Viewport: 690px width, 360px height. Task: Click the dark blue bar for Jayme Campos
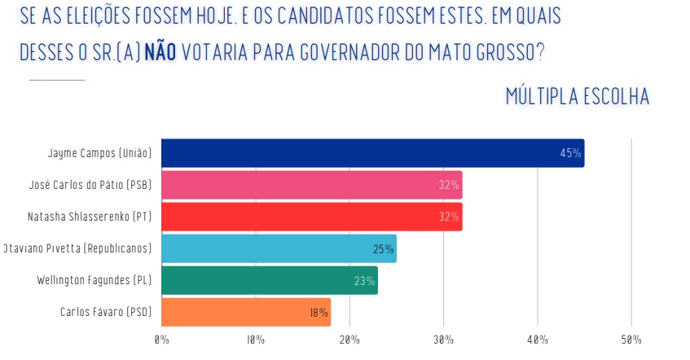(372, 153)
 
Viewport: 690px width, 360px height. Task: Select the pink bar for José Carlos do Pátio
(311, 185)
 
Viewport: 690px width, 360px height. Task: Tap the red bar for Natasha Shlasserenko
(311, 217)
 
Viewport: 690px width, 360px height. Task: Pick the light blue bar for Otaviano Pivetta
(279, 248)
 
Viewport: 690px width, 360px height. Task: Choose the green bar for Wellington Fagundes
(269, 280)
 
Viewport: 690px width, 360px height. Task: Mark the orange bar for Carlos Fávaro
(245, 312)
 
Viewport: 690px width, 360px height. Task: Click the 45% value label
(570, 153)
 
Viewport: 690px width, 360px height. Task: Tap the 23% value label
(365, 281)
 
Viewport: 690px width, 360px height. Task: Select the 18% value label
(319, 313)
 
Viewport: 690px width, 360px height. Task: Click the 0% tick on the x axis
(161, 339)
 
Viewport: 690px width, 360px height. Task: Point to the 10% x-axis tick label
(255, 339)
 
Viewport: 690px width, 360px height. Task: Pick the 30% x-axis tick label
(443, 339)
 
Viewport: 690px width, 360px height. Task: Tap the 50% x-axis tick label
(631, 339)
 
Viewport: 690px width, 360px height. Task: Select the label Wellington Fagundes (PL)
(94, 280)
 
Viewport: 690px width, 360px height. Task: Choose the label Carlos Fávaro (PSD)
(106, 312)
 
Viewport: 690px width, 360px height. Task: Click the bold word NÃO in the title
(160, 50)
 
